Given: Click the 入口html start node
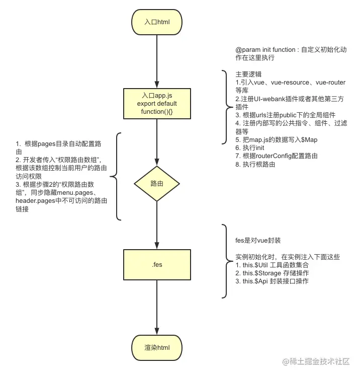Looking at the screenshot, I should click(157, 22).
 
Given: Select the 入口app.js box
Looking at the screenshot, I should click(157, 104).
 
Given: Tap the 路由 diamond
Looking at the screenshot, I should click(157, 184).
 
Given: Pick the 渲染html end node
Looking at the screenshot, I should click(157, 347).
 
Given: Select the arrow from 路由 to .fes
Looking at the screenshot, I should click(157, 224).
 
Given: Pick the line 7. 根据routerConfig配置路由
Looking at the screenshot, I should click(277, 156).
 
